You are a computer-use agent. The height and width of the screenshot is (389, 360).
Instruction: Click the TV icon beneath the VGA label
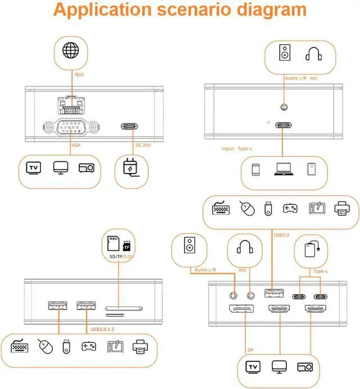pyautogui.click(x=34, y=168)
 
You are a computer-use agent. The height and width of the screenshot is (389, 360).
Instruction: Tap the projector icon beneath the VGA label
pyautogui.click(x=85, y=168)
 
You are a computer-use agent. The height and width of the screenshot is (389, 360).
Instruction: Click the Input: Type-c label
pyautogui.click(x=238, y=149)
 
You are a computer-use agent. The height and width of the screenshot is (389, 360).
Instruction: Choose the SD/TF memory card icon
pyautogui.click(x=119, y=244)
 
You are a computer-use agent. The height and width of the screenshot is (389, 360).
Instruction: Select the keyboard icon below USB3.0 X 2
pyautogui.click(x=20, y=347)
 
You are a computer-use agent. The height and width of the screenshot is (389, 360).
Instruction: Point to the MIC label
pyautogui.click(x=243, y=270)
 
